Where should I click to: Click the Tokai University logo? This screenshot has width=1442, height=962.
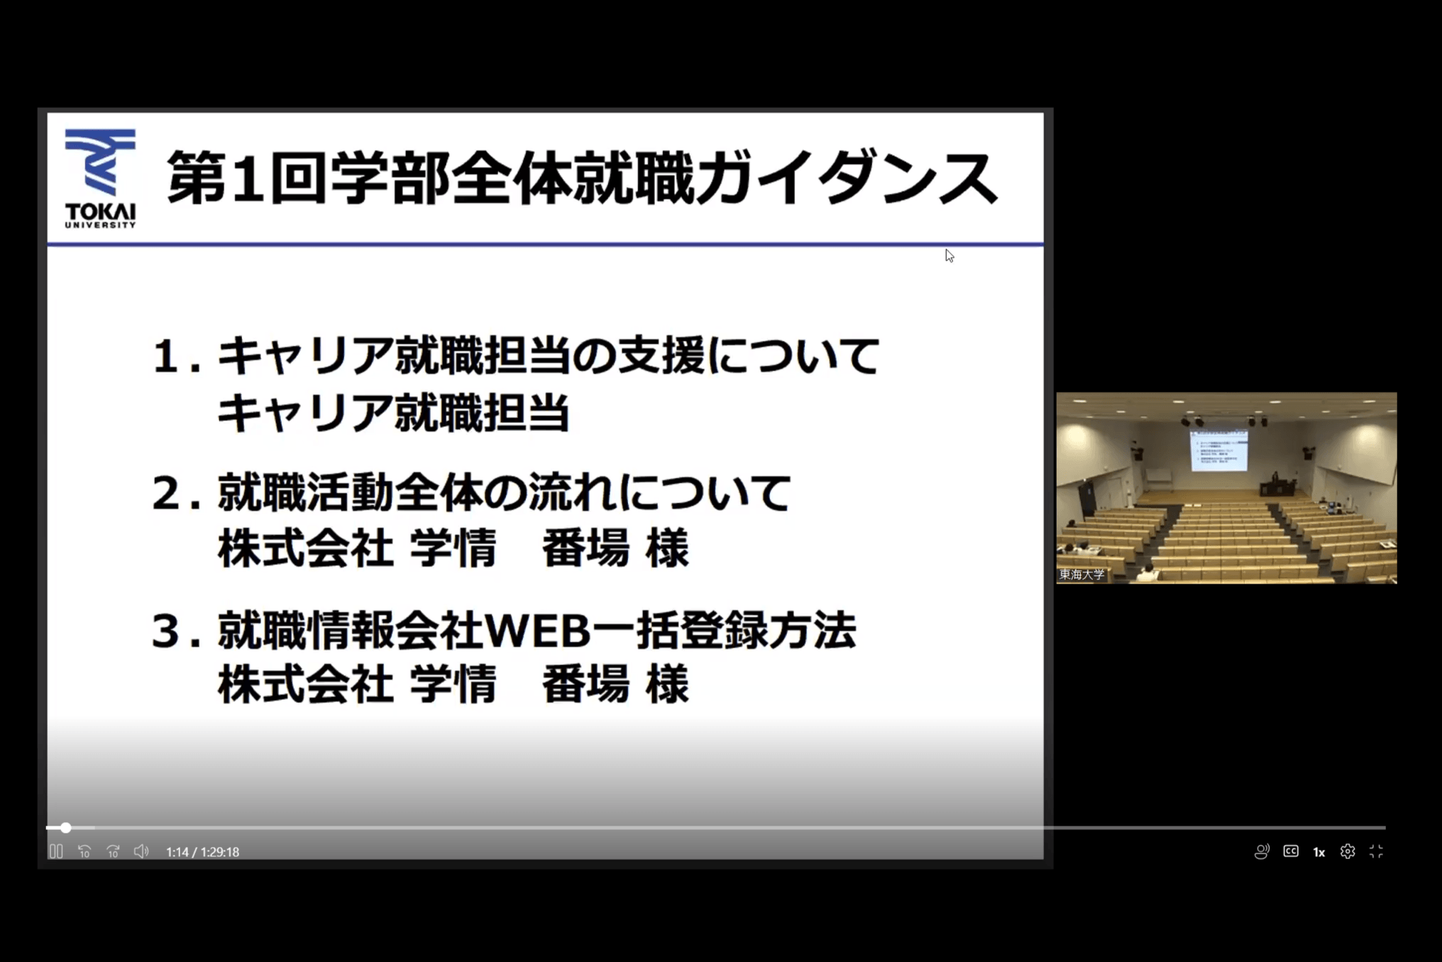(100, 178)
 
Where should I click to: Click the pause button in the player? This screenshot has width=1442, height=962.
(56, 851)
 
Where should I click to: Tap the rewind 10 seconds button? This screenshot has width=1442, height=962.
(84, 851)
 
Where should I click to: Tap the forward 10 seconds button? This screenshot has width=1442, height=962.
(113, 851)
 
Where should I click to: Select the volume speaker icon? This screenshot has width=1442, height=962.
(141, 851)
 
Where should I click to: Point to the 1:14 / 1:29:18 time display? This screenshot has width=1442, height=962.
(202, 852)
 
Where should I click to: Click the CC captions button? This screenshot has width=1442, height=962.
(1291, 851)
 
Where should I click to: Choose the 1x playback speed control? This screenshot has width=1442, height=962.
(1319, 852)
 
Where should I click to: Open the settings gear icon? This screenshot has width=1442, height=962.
(1348, 851)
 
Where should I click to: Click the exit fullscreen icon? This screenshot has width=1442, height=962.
(1376, 851)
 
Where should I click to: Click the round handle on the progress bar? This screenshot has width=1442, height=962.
(66, 828)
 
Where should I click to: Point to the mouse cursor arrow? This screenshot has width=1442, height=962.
(949, 256)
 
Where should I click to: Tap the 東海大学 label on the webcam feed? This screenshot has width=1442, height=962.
(1082, 574)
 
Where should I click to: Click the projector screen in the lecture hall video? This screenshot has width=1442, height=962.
(1218, 450)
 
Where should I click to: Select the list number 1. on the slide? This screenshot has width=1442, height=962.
(176, 356)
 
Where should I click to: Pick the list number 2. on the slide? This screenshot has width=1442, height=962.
(176, 493)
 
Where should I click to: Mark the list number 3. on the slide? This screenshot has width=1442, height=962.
(176, 631)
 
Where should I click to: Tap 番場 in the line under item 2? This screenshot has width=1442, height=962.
(585, 548)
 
